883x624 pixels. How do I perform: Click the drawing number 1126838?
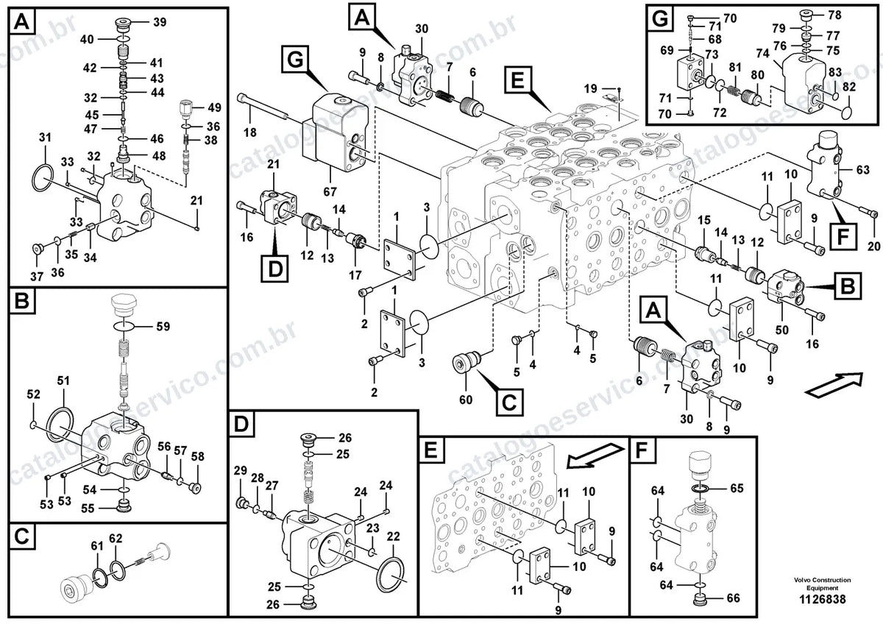[822, 600]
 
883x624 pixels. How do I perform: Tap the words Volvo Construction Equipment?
[823, 584]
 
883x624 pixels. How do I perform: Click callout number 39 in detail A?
[160, 23]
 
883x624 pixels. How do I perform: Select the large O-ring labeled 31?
[43, 178]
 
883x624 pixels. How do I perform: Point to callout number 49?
[214, 107]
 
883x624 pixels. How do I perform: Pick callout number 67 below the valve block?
[330, 191]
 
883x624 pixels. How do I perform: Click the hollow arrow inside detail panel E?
[595, 455]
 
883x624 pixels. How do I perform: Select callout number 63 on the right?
[862, 169]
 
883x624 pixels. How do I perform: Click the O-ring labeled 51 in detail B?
[60, 426]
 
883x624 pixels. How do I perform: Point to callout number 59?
[163, 327]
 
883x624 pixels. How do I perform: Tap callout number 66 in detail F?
[733, 598]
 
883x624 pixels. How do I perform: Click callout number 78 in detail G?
[834, 15]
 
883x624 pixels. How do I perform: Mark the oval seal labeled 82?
[845, 110]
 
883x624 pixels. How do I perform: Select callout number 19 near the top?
[590, 88]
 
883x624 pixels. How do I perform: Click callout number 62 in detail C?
[116, 538]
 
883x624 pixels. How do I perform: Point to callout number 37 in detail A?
[37, 277]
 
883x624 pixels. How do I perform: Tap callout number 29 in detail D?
[241, 470]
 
